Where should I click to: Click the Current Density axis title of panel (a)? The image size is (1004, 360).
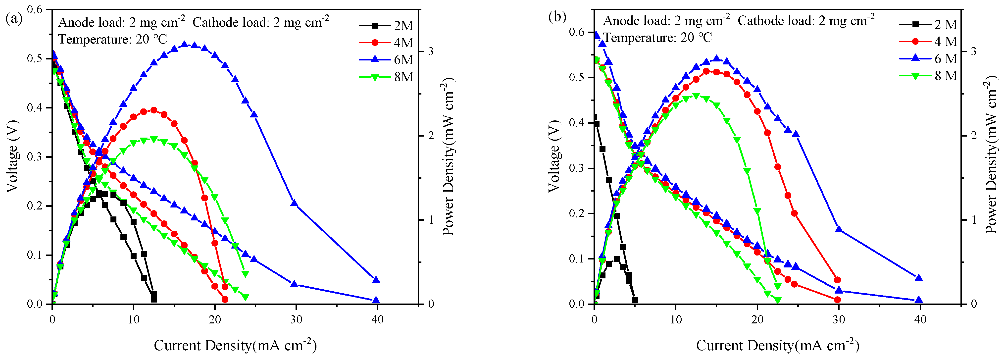235,345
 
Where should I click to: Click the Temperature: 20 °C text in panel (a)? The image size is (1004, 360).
113,39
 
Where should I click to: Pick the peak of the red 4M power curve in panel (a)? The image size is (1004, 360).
153,110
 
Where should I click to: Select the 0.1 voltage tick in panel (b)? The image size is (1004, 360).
580,259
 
